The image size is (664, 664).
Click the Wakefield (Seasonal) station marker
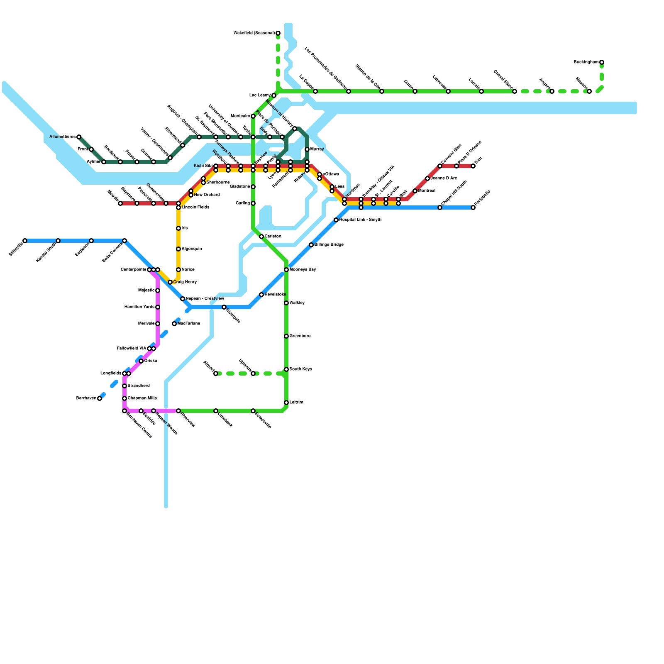click(278, 33)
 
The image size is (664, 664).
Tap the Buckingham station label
click(586, 62)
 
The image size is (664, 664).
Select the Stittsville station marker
click(25, 241)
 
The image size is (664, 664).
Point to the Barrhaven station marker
click(100, 398)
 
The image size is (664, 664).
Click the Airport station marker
click(216, 373)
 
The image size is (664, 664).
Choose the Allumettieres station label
click(62, 137)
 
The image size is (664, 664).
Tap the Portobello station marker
click(473, 207)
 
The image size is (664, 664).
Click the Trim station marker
click(473, 166)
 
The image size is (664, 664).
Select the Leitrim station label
click(296, 403)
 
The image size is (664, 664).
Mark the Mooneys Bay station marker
click(286, 270)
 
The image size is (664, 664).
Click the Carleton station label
click(273, 237)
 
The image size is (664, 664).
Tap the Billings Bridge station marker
click(311, 245)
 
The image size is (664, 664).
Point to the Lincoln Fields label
click(195, 207)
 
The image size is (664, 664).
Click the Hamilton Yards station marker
click(158, 307)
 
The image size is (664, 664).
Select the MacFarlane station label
click(189, 324)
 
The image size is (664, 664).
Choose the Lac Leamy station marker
click(274, 95)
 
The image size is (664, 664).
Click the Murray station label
click(317, 149)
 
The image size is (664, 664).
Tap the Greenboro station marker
click(286, 336)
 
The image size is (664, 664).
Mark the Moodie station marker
click(120, 203)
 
